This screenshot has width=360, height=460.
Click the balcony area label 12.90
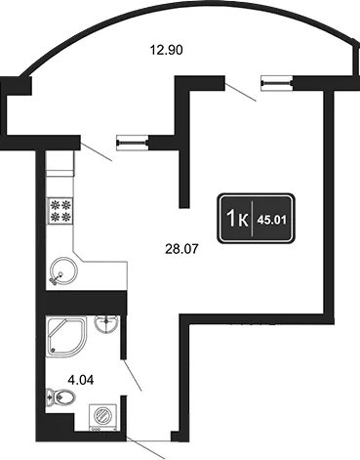click(166, 50)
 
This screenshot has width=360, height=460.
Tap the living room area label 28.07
click(181, 249)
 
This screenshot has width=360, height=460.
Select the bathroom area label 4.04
click(81, 380)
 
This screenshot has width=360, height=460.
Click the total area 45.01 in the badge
click(271, 221)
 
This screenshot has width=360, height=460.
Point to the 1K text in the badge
click(238, 219)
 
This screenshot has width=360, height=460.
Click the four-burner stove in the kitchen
click(60, 211)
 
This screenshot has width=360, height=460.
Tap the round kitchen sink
click(63, 271)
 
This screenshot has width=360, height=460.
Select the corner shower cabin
click(66, 337)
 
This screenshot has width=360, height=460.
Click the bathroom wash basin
click(106, 323)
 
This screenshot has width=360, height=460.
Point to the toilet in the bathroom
click(60, 397)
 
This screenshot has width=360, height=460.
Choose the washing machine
click(103, 417)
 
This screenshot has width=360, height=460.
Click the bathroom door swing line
click(133, 375)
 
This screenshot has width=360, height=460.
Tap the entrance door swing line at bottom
click(145, 448)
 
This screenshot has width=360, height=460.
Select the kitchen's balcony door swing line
click(97, 152)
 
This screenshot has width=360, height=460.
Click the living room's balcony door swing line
click(240, 92)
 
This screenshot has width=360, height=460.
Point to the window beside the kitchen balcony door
click(133, 143)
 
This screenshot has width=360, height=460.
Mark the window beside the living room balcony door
click(277, 83)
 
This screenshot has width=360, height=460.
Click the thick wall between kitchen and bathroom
click(85, 303)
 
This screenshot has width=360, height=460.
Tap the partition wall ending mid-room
click(184, 176)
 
